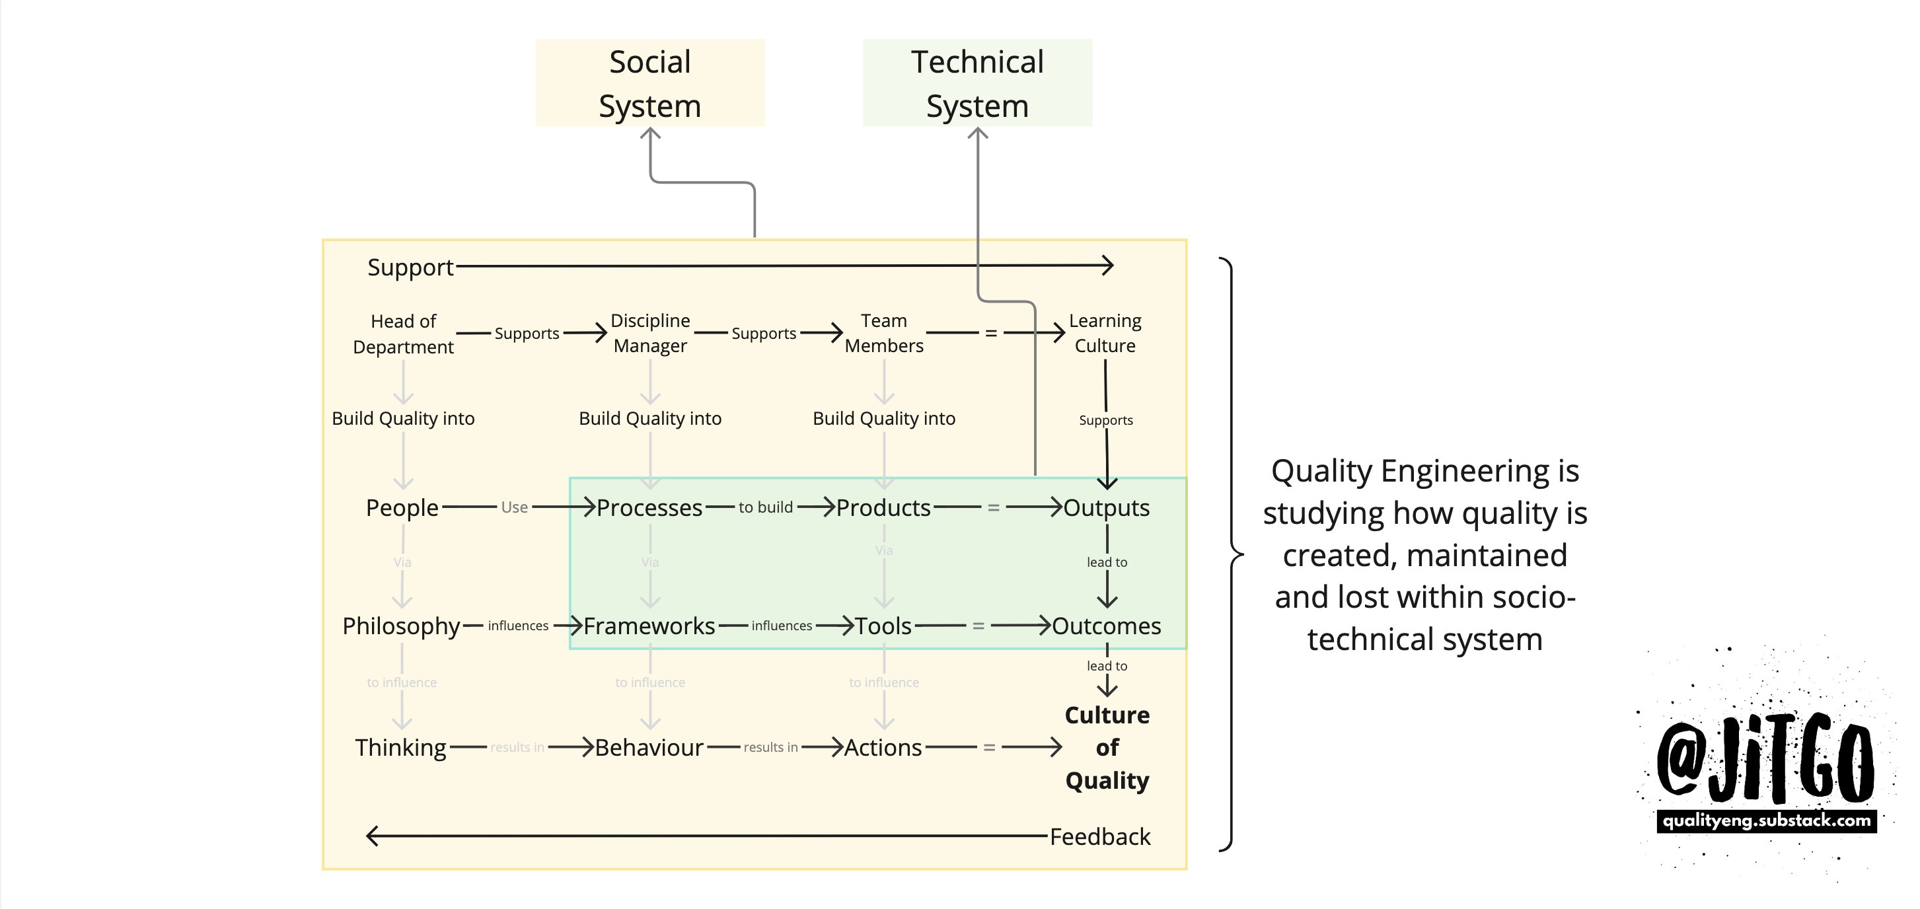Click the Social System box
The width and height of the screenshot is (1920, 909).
pyautogui.click(x=649, y=83)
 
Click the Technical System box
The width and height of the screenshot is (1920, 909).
pyautogui.click(x=977, y=83)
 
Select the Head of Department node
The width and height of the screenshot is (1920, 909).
pyautogui.click(x=403, y=334)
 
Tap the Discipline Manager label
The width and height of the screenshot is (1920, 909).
pyautogui.click(x=650, y=333)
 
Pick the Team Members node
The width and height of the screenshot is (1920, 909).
pyautogui.click(x=883, y=333)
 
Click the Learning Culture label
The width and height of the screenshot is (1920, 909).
pyautogui.click(x=1105, y=333)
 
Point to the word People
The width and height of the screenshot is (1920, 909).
pyautogui.click(x=402, y=507)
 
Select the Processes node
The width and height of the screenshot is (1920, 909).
pyautogui.click(x=649, y=507)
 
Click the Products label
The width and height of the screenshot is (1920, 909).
pyautogui.click(x=883, y=507)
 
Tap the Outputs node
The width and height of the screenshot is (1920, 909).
pyautogui.click(x=1106, y=507)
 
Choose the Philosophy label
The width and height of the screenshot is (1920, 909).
pyautogui.click(x=401, y=626)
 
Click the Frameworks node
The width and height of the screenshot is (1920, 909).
pyautogui.click(x=649, y=626)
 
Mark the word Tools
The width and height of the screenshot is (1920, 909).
pyautogui.click(x=883, y=626)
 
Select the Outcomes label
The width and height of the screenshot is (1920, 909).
pyautogui.click(x=1106, y=626)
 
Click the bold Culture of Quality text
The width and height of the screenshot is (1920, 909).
pyautogui.click(x=1107, y=747)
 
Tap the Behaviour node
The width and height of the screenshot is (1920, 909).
pyautogui.click(x=649, y=747)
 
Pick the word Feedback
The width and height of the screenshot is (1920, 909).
pyautogui.click(x=1099, y=837)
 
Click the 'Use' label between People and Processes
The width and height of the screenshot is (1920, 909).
pyautogui.click(x=514, y=507)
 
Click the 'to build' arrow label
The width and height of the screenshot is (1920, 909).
pyautogui.click(x=766, y=507)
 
